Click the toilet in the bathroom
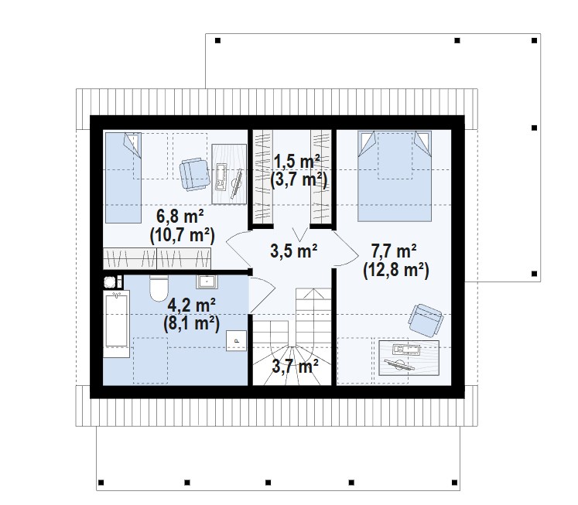[159, 288]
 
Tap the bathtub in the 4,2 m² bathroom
[116, 324]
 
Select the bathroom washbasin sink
[207, 282]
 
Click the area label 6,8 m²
[180, 217]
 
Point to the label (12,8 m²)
[396, 271]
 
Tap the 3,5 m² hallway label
[293, 251]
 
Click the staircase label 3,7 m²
[295, 367]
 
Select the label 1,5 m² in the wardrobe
[297, 162]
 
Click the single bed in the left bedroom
[123, 178]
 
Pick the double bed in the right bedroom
[395, 176]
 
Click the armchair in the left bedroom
[194, 174]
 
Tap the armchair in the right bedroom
[426, 320]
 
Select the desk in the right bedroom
[409, 357]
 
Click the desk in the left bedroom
[229, 174]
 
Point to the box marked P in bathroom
[236, 340]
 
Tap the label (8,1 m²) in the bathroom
[192, 324]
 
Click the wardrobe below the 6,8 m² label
[157, 258]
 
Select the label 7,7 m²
[394, 251]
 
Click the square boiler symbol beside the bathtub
[109, 282]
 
